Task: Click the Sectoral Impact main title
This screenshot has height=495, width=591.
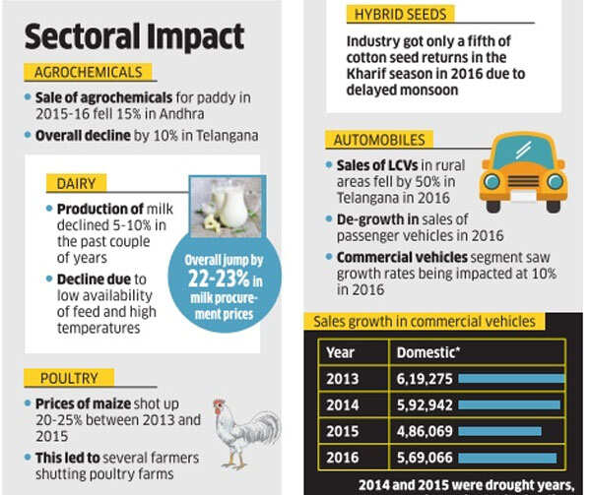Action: tap(134, 37)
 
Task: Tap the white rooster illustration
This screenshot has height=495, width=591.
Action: tap(241, 429)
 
